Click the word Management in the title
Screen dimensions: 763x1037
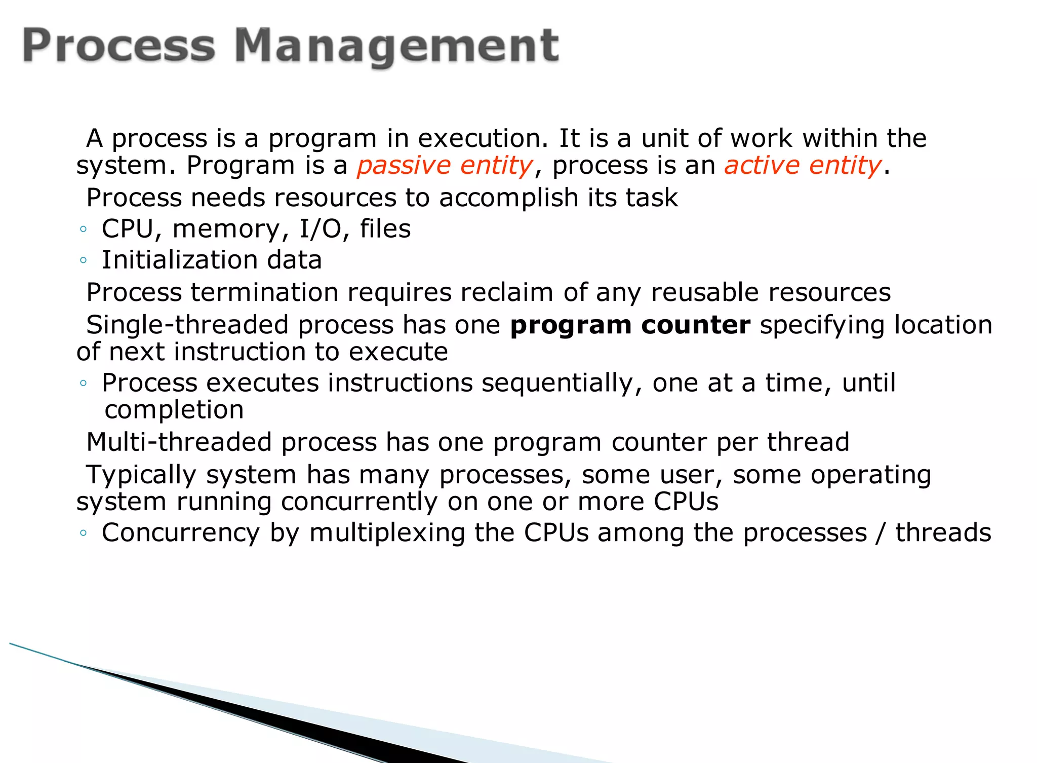[x=396, y=47]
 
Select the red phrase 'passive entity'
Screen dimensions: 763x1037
[x=445, y=166]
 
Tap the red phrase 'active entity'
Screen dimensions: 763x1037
[x=803, y=166]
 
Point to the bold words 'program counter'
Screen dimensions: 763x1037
[x=630, y=325]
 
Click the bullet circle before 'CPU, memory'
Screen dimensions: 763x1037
[x=84, y=230]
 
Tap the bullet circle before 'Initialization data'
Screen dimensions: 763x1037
[x=84, y=261]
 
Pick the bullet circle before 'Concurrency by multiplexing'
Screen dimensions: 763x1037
[x=84, y=533]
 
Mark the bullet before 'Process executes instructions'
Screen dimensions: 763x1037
[x=84, y=384]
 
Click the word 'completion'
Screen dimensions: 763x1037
[x=174, y=410]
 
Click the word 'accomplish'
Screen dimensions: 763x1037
[x=508, y=198]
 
